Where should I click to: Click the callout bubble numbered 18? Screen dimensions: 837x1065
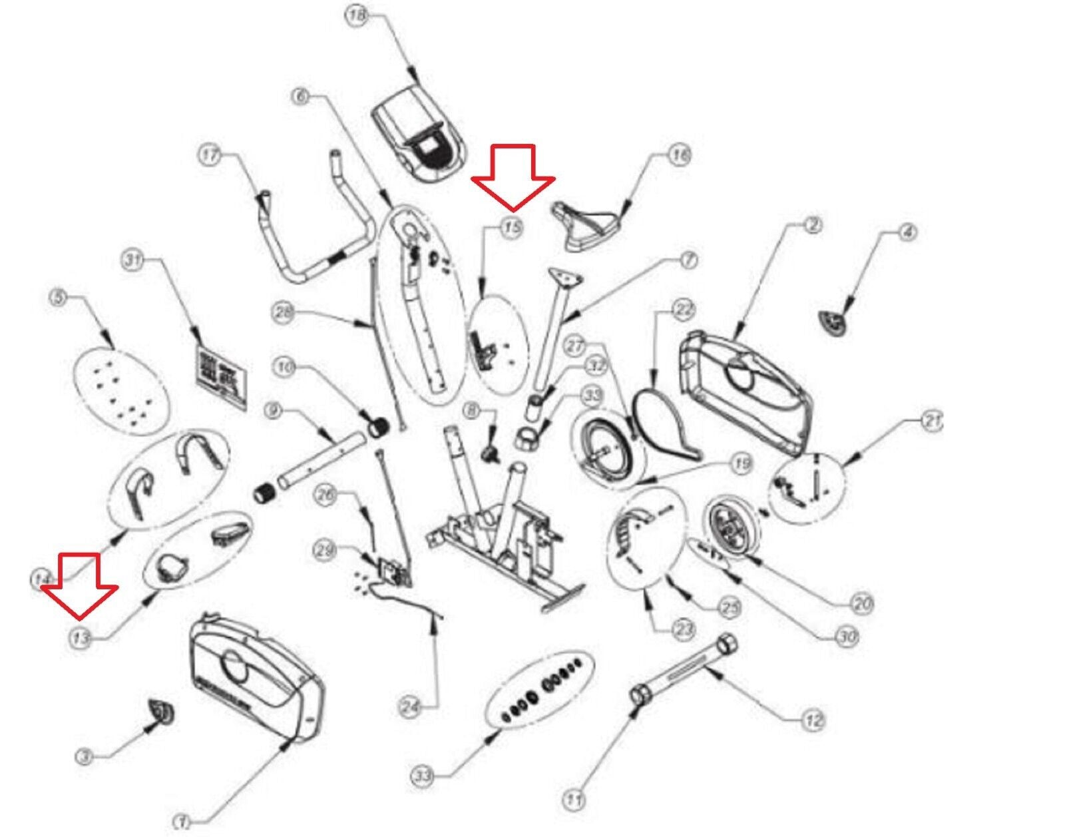(x=358, y=15)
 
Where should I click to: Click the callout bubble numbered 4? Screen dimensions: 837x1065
(x=908, y=232)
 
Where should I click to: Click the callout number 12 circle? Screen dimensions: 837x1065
(x=813, y=720)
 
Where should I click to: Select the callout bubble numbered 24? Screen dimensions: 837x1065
(x=411, y=707)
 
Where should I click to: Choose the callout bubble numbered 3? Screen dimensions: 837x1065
(x=84, y=757)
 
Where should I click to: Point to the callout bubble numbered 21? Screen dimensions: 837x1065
(x=931, y=421)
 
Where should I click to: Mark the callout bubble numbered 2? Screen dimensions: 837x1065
(x=812, y=226)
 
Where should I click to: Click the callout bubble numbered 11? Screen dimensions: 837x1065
(x=574, y=799)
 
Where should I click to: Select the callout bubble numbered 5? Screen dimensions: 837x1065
(x=59, y=298)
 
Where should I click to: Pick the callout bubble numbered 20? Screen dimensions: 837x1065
(x=861, y=604)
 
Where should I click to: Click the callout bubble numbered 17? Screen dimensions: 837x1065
(x=210, y=156)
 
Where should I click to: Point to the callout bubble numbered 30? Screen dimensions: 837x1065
(x=846, y=637)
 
